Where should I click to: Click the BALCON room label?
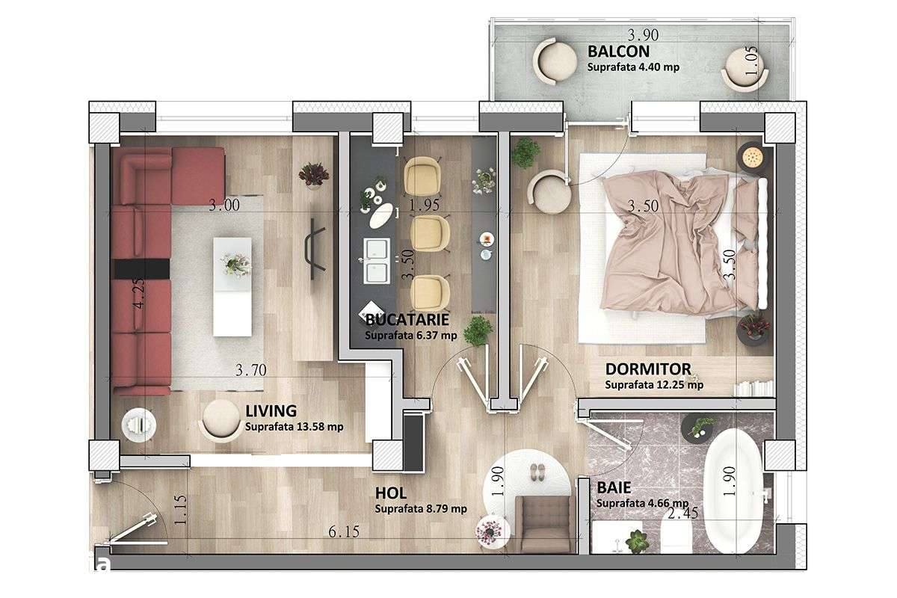click(x=618, y=52)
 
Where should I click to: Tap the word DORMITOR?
click(x=647, y=369)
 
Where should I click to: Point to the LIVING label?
click(x=271, y=410)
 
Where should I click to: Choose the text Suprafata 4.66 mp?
click(x=642, y=503)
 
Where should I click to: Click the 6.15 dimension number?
click(x=342, y=533)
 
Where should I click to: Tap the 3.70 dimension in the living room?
click(x=250, y=369)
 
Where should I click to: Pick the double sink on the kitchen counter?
click(x=375, y=261)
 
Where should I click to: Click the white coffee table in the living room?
click(x=232, y=286)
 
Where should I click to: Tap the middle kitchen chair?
click(x=427, y=232)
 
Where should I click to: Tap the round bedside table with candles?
click(x=750, y=158)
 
